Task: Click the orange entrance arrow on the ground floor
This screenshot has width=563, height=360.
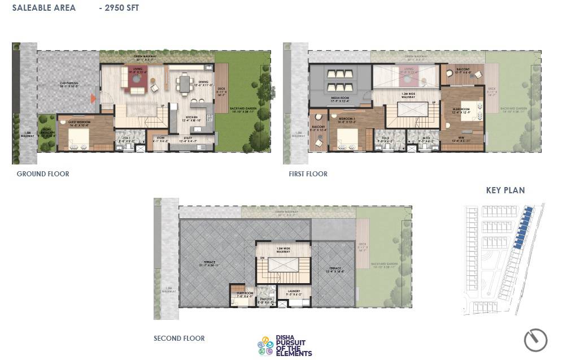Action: (93, 99)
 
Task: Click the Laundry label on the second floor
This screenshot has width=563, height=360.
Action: (298, 292)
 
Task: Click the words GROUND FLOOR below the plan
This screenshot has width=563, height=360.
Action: (43, 174)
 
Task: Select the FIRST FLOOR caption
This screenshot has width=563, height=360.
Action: (308, 174)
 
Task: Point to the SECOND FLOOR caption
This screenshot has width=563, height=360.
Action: (179, 339)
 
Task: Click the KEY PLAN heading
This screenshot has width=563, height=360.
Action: (505, 190)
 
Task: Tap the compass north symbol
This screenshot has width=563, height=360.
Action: (535, 340)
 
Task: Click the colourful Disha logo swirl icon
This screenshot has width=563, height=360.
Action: (265, 346)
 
